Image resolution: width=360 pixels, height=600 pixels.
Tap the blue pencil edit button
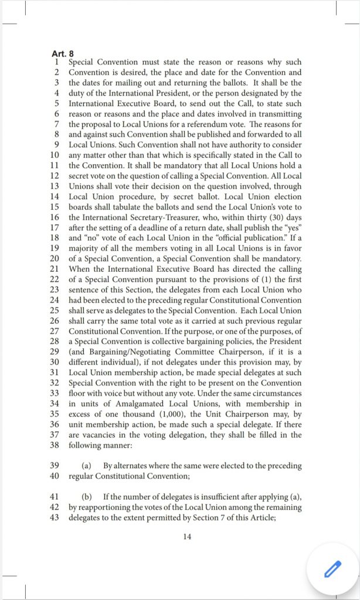coord(332,568)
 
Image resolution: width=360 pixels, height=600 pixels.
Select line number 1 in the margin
coord(56,62)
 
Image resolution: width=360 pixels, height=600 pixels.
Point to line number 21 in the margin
coord(55,268)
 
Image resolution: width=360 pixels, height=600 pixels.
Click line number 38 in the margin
coord(55,444)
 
